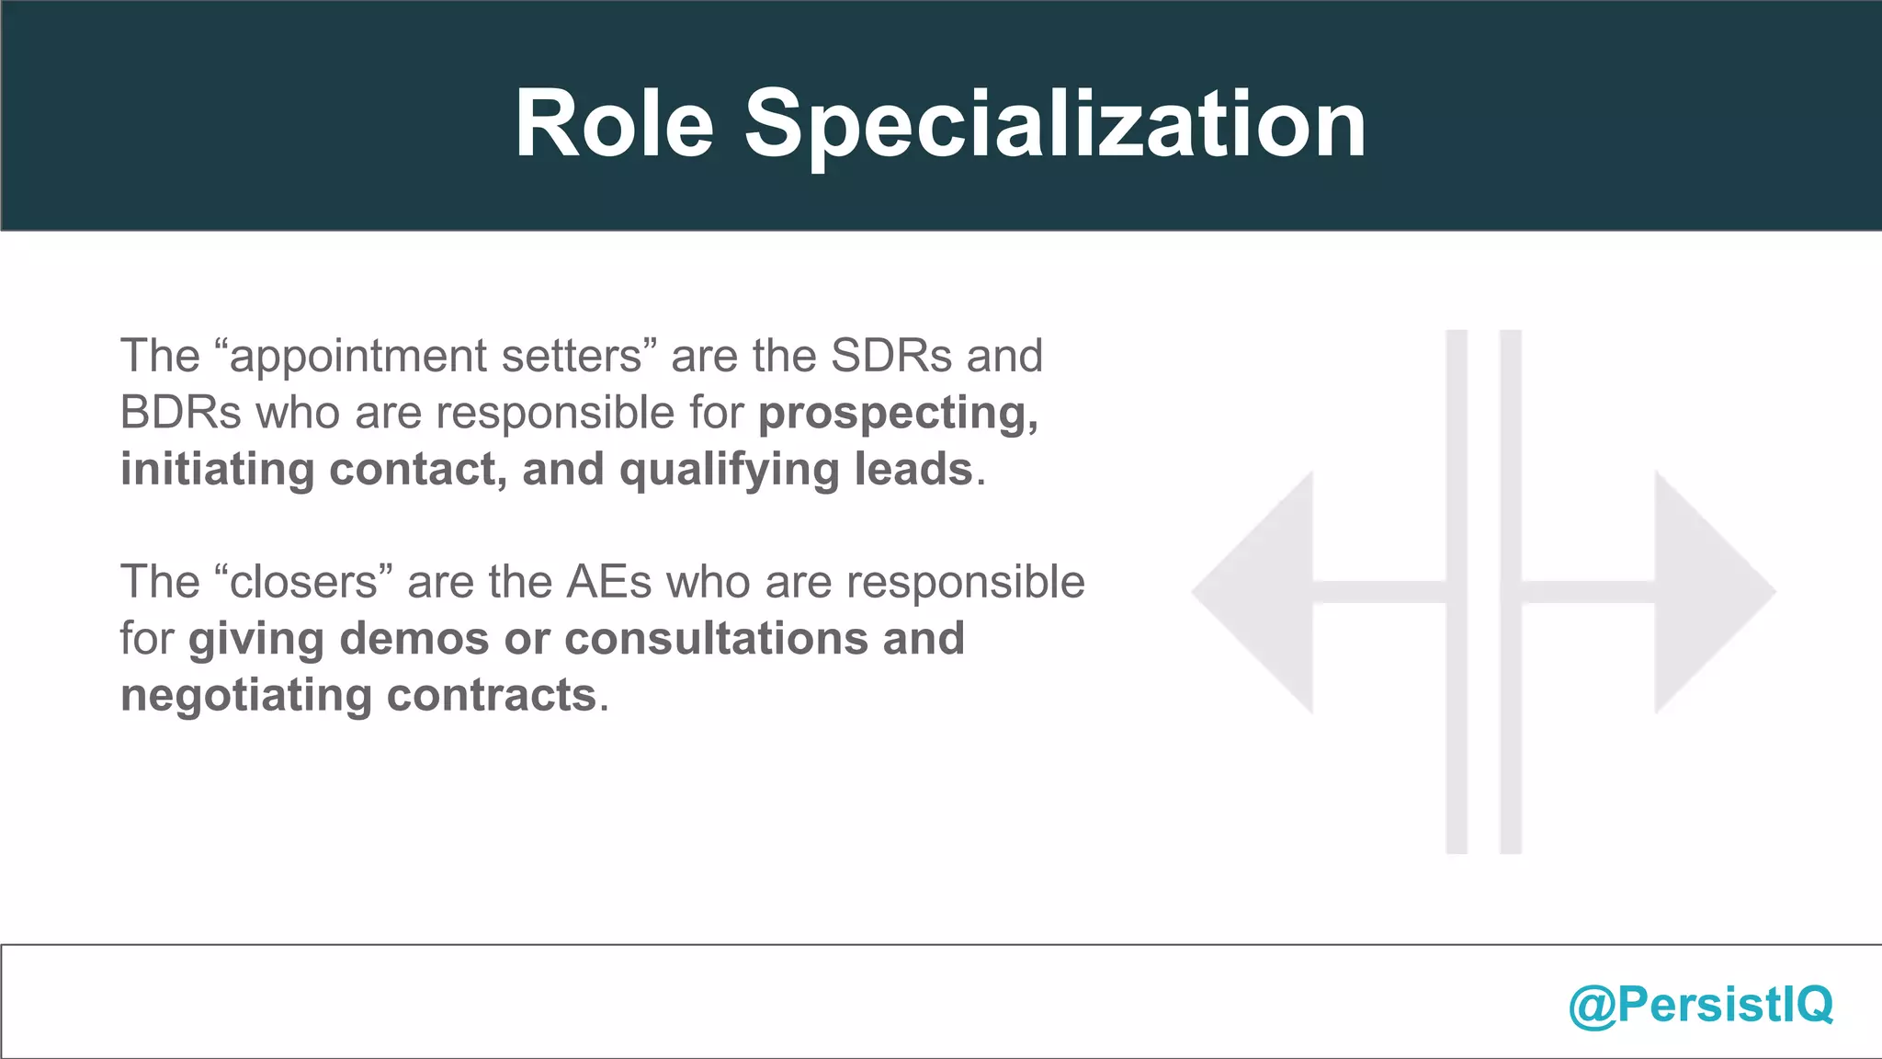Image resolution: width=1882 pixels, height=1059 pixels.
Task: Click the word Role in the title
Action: [614, 124]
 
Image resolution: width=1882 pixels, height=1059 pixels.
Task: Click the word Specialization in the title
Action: [1055, 124]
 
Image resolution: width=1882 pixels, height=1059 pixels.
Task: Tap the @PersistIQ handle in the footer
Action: [1701, 1004]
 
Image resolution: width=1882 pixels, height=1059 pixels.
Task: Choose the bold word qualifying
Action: [729, 470]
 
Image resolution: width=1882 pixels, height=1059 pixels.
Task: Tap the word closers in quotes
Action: [303, 582]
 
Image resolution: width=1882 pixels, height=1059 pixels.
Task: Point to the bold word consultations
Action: [716, 639]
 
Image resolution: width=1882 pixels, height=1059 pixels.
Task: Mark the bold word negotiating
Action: [245, 696]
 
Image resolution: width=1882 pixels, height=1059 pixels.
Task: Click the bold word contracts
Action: [492, 696]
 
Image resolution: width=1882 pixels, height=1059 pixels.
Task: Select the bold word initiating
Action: [217, 470]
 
